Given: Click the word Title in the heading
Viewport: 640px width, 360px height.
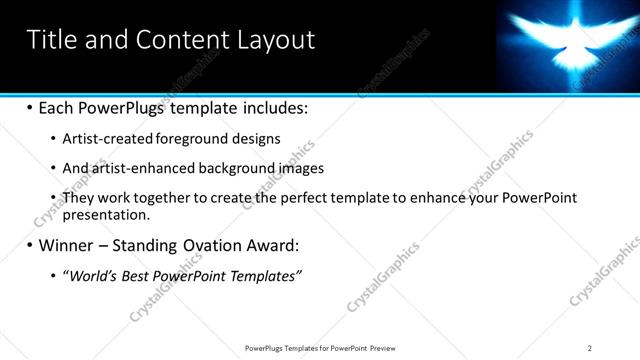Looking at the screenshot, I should [x=49, y=39].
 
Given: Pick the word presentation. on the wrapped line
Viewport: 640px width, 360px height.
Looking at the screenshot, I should [x=106, y=214].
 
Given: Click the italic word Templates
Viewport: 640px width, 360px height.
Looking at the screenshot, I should [x=265, y=274].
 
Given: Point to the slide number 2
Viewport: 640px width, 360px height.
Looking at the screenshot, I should [x=590, y=348].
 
